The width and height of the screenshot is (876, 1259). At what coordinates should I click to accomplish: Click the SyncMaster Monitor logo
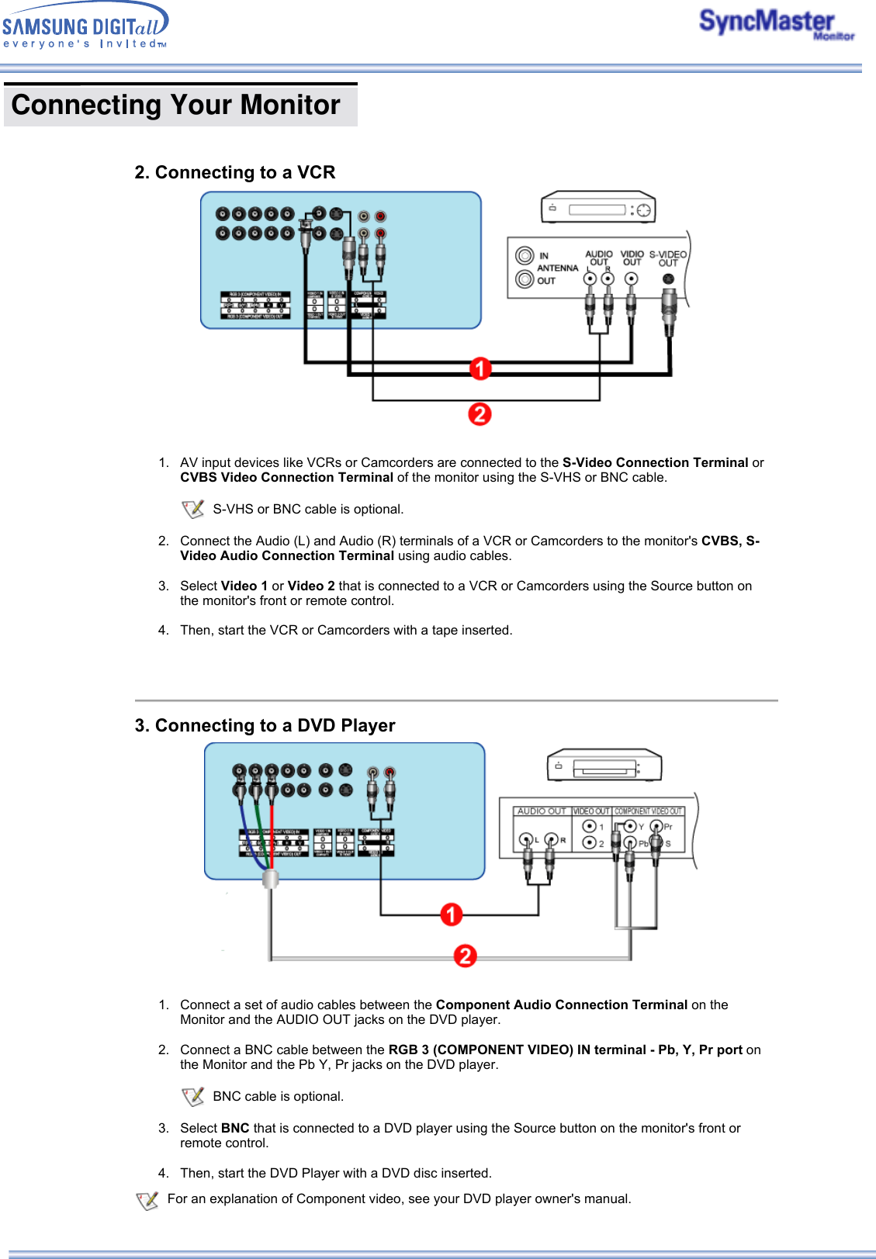point(775,24)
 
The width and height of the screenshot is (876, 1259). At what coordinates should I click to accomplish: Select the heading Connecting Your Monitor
point(176,105)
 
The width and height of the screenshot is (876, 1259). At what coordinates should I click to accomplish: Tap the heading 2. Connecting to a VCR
point(234,172)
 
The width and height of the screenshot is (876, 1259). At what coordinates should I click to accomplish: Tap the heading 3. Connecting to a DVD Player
point(265,725)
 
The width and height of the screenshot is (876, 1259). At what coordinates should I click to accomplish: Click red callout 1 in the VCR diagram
point(480,368)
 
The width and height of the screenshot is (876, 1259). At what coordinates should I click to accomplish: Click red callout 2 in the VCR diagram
point(480,414)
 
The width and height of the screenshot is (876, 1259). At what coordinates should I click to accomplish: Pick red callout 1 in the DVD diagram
point(451,915)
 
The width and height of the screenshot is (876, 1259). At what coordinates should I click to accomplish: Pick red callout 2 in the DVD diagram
point(465,956)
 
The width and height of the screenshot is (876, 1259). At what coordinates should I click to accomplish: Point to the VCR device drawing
point(598,208)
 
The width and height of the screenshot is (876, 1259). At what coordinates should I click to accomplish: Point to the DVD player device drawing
point(604,766)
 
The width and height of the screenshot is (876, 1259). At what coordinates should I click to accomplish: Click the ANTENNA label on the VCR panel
point(557,268)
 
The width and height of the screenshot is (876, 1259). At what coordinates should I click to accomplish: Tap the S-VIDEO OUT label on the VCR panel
point(667,258)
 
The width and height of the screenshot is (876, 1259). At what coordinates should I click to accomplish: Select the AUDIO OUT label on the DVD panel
point(542,811)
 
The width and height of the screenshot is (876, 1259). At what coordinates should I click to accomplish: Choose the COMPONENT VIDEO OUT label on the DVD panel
point(649,811)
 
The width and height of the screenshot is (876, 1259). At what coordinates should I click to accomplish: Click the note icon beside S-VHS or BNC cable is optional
point(192,509)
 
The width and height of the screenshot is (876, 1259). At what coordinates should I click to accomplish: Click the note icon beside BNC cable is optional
point(192,1096)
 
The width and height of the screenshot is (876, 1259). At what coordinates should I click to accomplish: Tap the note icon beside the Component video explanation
point(147,1200)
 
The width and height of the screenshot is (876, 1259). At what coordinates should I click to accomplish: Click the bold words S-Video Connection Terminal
point(655,462)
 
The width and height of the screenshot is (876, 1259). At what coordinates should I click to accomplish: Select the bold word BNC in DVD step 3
point(235,1128)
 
